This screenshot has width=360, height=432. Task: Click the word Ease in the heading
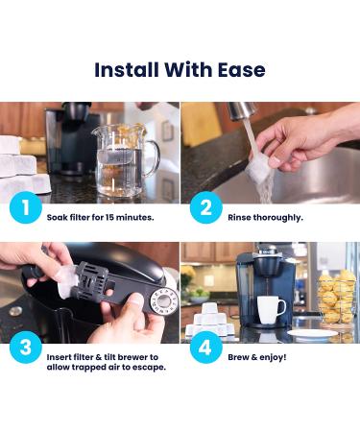point(242,70)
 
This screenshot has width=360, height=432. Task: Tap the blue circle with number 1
point(26,207)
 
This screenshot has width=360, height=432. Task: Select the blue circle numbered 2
point(206,207)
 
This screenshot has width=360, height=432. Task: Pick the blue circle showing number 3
point(26,348)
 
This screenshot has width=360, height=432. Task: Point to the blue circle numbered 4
point(206,348)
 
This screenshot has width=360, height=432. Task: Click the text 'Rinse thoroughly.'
point(265,218)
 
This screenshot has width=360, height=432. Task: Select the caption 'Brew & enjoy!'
point(257,357)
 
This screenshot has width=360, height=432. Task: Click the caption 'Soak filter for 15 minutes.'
point(100,218)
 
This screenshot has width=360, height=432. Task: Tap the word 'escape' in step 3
point(148,368)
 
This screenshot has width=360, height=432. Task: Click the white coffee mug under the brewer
point(271,309)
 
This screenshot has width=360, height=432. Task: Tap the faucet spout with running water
point(242,110)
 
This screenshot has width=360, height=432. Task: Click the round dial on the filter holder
point(164,300)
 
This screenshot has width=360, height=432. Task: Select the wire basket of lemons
point(336,297)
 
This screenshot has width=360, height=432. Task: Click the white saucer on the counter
point(312,333)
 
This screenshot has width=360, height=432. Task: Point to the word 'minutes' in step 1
point(134,218)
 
